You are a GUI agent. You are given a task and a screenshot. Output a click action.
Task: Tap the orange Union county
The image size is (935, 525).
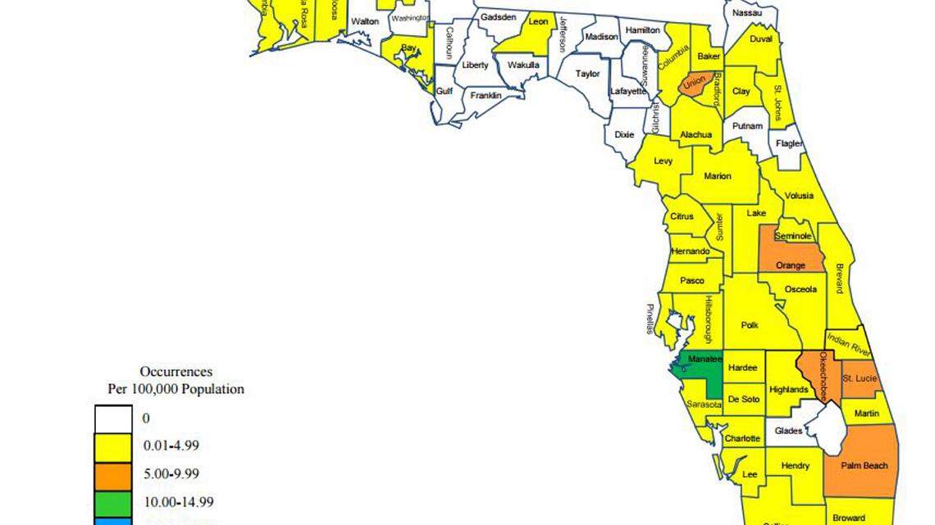point(694,84)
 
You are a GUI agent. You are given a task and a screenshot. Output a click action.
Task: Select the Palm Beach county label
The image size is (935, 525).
point(864,466)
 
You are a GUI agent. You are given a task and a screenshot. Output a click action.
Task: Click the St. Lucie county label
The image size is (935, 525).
point(860,378)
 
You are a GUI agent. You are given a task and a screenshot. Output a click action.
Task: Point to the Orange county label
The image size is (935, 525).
point(791,265)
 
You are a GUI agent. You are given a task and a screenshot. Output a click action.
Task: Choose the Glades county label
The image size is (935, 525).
point(789,430)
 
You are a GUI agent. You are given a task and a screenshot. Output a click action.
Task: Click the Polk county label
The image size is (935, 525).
point(750,325)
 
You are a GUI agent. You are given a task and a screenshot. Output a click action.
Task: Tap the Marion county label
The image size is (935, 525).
point(717,176)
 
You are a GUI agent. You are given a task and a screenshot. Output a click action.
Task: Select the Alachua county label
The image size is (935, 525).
point(695,135)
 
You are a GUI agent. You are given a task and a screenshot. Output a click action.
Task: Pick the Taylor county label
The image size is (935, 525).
point(587,74)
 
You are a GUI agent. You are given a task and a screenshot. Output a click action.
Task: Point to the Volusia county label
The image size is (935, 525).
point(799,196)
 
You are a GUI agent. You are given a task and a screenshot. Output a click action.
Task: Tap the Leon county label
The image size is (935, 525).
point(538,22)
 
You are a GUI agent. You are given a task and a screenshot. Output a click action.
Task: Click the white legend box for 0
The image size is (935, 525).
point(113,419)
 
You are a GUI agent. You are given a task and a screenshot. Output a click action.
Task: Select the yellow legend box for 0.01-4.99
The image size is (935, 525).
point(113,446)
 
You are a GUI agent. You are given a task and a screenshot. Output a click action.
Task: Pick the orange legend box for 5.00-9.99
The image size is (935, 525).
point(113,474)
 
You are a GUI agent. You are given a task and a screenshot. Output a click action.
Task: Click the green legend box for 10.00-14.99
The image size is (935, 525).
point(113,502)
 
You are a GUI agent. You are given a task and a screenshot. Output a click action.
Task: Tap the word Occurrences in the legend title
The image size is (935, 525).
point(176,372)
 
